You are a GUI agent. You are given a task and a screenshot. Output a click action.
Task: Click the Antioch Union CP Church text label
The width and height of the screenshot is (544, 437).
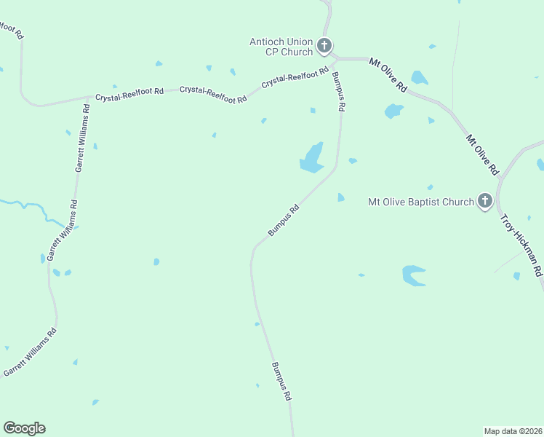coord(281,47)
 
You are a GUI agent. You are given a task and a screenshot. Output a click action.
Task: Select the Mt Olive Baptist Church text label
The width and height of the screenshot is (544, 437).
coord(421,202)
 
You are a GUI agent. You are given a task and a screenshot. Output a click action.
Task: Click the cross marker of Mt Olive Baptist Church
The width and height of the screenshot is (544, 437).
coord(485,202)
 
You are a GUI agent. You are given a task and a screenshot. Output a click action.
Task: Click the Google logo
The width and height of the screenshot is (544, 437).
coord(24,428)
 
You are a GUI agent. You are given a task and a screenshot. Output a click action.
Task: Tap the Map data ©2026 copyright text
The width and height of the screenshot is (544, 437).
coord(513,430)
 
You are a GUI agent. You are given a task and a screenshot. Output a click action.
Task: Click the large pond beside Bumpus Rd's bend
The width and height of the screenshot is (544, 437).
coord(312,159)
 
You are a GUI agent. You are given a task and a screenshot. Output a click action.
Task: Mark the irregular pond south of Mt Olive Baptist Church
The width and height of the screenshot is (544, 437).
coord(413,275)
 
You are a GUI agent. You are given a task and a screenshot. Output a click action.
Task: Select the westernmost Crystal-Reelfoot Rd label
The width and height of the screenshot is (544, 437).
coord(129,95)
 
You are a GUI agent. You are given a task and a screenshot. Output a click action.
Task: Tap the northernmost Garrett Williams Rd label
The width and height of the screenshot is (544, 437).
coord(82,138)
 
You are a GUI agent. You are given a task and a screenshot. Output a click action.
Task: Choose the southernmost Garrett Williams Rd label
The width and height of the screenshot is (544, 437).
coord(30,353)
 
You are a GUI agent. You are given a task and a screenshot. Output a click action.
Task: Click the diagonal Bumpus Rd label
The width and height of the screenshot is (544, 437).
coord(284,220)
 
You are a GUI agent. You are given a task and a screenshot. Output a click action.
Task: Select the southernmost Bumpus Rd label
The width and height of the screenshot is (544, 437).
coord(281,381)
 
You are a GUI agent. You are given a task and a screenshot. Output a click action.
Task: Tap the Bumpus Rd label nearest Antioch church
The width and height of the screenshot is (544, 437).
coord(338,91)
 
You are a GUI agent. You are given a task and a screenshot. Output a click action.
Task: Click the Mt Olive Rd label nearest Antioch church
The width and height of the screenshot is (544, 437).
coord(388,74)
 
